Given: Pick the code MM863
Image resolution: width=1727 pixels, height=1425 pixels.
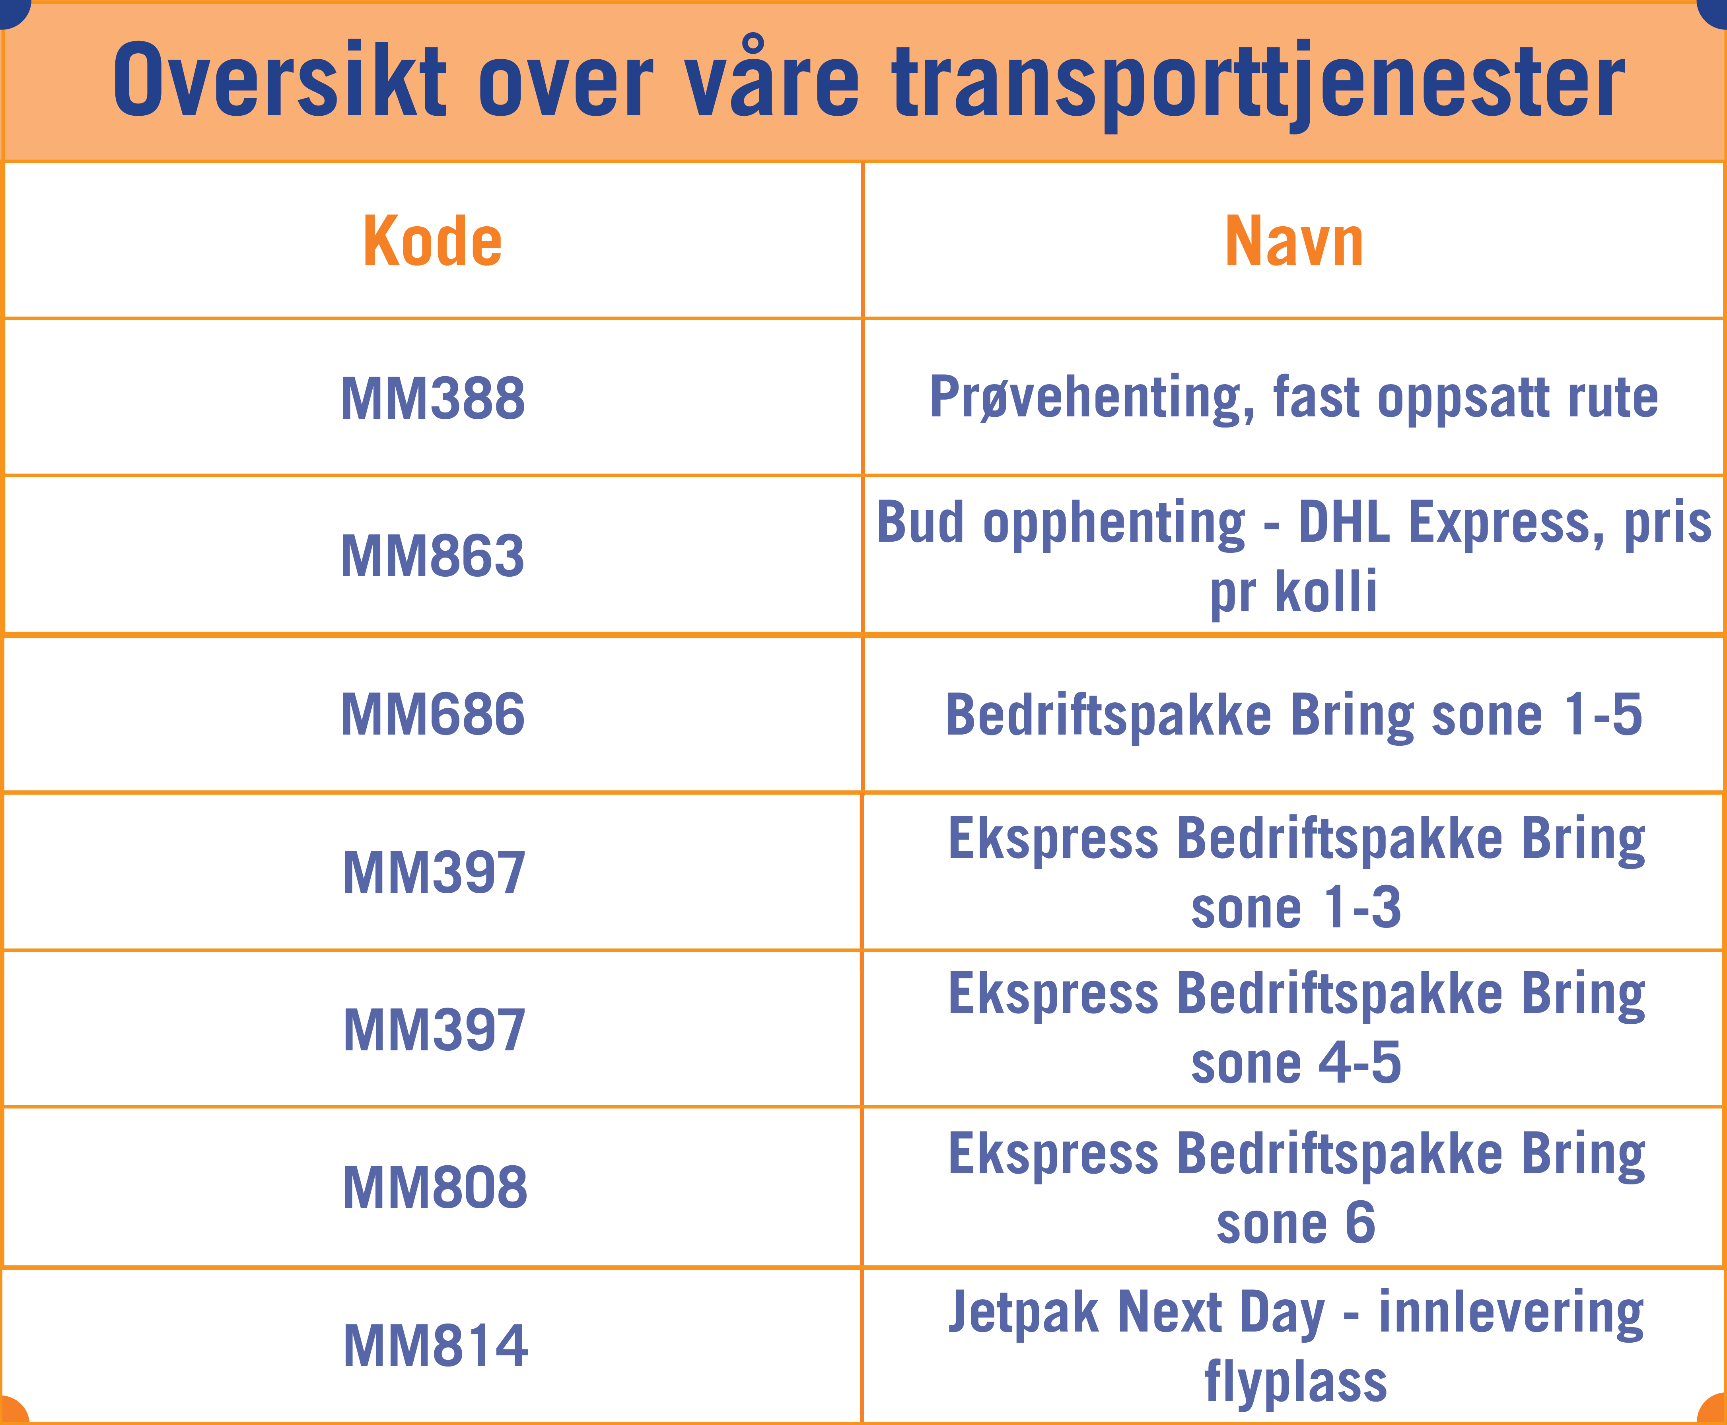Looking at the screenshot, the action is point(433,556).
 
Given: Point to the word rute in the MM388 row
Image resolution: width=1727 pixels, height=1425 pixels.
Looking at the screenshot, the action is point(1614,398).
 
